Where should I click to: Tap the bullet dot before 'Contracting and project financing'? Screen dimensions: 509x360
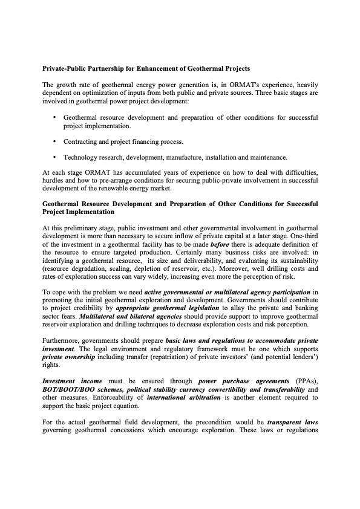point(55,141)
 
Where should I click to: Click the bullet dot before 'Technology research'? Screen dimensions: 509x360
point(55,157)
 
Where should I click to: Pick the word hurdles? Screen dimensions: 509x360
point(54,180)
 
